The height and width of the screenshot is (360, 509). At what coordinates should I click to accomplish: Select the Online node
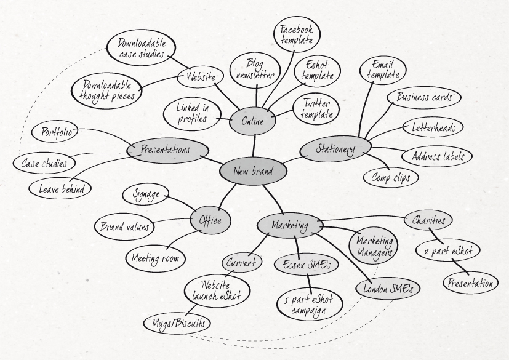pos(252,121)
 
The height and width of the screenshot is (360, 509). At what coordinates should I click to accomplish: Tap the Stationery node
pos(335,150)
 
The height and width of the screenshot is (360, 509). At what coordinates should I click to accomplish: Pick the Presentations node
pos(167,150)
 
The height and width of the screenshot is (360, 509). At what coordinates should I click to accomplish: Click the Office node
pos(210,221)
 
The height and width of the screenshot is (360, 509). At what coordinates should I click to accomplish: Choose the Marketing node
pos(290,225)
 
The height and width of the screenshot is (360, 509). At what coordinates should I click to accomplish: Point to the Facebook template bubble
pos(297,34)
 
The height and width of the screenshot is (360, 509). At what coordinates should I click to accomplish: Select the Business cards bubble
pos(423,97)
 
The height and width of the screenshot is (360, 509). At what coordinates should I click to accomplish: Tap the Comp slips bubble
pos(390,178)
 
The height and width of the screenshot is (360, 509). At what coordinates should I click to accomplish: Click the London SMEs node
pos(388,289)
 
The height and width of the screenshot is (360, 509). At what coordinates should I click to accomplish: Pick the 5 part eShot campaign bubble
pos(310,305)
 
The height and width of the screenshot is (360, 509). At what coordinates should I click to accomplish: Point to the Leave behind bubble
pos(60,188)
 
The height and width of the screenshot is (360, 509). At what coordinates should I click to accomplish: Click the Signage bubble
pos(146,195)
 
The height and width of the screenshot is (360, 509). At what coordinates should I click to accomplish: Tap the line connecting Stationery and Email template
pos(366,110)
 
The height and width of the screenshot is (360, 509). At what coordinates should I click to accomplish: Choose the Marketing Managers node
pos(374,246)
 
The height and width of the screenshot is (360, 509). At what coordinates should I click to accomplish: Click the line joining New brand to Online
pos(254,146)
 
